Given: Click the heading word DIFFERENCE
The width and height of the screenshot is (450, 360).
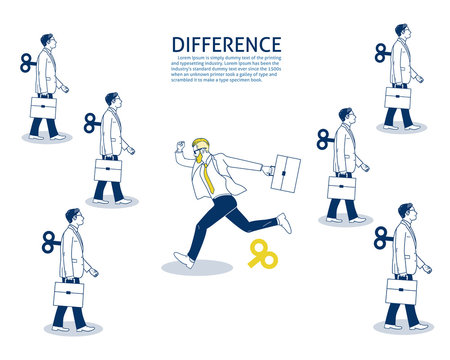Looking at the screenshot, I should click(226, 45).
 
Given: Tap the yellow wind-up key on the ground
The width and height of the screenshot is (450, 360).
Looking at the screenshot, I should click(262, 254).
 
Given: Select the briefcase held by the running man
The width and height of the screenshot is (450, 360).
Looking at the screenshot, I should click(286, 172).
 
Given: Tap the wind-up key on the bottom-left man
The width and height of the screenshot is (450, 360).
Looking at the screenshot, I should click(48, 240).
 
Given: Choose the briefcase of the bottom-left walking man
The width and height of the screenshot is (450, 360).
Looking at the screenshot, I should click(69, 294).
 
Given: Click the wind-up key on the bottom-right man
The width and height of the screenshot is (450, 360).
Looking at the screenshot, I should click(381, 237).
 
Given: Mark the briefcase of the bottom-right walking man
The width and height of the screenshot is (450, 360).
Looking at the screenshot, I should click(402, 290).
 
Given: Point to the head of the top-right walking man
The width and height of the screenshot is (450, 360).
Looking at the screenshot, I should click(402, 32).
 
